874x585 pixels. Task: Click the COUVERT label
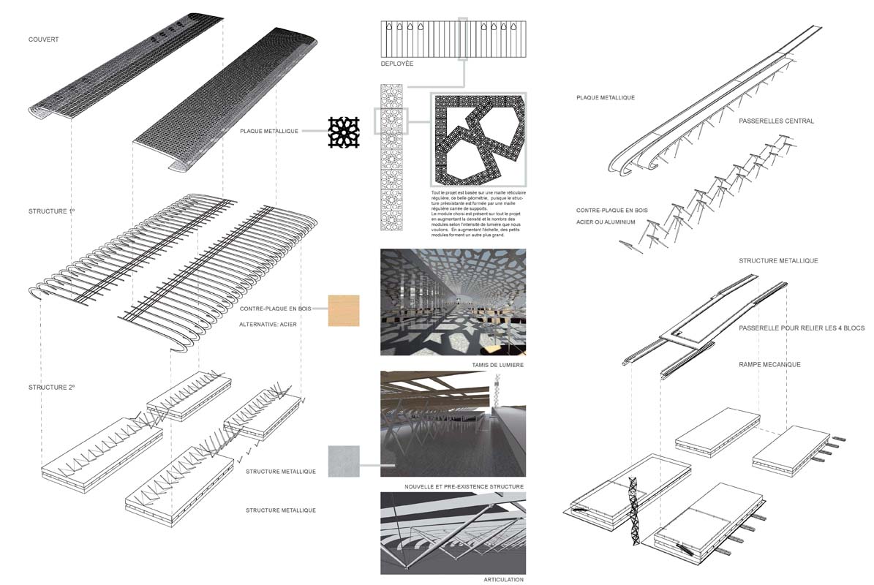(x=43, y=39)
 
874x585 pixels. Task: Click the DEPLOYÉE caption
(x=396, y=64)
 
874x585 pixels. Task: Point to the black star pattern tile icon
(x=345, y=132)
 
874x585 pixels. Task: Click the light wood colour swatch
(x=344, y=310)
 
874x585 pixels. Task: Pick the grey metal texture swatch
(x=344, y=461)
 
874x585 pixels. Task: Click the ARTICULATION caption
(x=504, y=579)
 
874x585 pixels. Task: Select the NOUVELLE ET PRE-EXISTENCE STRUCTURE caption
(x=464, y=486)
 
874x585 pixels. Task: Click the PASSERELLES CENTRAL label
(x=776, y=121)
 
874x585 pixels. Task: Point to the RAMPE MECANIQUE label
(x=769, y=364)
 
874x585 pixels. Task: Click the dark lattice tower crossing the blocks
(x=631, y=512)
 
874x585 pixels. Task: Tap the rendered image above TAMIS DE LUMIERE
(x=453, y=302)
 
